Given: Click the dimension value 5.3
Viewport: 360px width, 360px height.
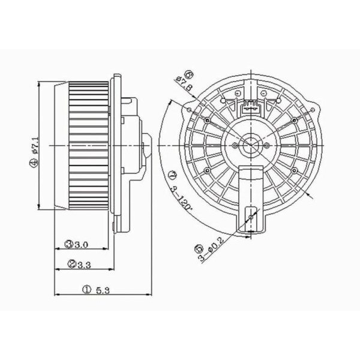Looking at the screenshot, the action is tap(103, 290).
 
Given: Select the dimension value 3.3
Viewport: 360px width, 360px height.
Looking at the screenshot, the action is tap(84, 265).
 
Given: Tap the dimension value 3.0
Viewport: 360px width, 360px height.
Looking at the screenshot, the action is tap(81, 245).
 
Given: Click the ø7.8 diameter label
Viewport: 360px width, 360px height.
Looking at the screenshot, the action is tap(184, 83).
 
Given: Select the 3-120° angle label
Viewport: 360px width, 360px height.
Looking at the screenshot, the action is tap(181, 199).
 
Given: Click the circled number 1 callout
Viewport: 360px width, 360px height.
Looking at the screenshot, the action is tap(86, 290).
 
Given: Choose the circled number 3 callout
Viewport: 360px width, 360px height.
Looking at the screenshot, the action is tap(69, 244).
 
